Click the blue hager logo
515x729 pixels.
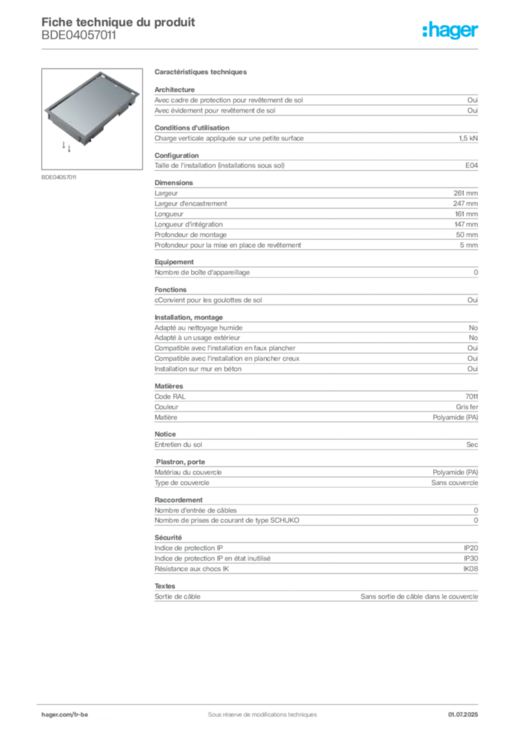(452, 31)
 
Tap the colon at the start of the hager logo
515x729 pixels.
(423, 31)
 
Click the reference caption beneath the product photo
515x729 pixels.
(59, 177)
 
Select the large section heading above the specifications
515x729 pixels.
(201, 73)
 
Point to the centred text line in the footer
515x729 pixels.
(257, 710)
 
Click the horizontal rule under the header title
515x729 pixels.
(261, 48)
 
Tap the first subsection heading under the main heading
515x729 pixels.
(174, 90)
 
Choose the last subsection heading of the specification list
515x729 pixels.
(165, 584)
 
